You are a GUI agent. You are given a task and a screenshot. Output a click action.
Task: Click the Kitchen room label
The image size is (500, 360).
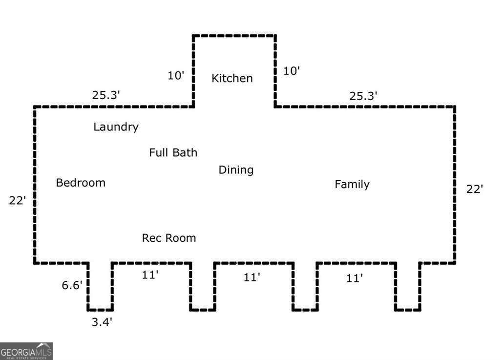coord(232,78)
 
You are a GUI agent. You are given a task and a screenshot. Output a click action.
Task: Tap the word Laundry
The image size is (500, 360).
coord(116,127)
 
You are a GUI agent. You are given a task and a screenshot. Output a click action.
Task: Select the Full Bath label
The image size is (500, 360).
coord(173,152)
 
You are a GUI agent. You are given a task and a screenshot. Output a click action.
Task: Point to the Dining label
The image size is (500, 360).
coord(236,170)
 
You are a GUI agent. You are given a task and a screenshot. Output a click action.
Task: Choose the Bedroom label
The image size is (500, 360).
coord(81,183)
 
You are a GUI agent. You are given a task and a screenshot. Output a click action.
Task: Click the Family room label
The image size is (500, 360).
coord(352,184)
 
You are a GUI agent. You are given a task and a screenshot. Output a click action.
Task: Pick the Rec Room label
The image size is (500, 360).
coord(169,238)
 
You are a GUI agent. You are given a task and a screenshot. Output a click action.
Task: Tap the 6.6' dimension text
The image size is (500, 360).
coord(72,285)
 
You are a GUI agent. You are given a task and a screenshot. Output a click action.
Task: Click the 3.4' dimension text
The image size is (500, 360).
coord(103,322)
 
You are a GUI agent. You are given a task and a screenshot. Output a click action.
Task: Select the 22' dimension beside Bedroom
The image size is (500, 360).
coord(17,200)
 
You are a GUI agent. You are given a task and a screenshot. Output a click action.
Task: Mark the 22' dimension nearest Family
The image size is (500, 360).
coord(475,189)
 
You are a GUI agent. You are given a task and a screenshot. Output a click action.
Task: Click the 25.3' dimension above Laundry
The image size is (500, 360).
coord(106,95)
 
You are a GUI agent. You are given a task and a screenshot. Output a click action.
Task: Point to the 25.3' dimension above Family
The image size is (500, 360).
coord(363,96)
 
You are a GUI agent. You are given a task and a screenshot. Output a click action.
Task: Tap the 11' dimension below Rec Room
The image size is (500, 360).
coord(150,275)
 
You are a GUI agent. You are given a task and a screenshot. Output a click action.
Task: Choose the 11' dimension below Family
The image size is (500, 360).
coord(354,278)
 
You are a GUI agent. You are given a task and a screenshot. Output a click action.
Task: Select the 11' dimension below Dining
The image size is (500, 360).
coord(252,277)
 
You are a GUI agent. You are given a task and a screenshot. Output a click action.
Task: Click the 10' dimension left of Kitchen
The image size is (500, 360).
coord(176,76)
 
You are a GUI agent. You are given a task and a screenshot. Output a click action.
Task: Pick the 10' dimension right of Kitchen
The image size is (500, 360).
coord(292,71)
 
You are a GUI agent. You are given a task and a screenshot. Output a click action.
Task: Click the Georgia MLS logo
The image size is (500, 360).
coord(26,351)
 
